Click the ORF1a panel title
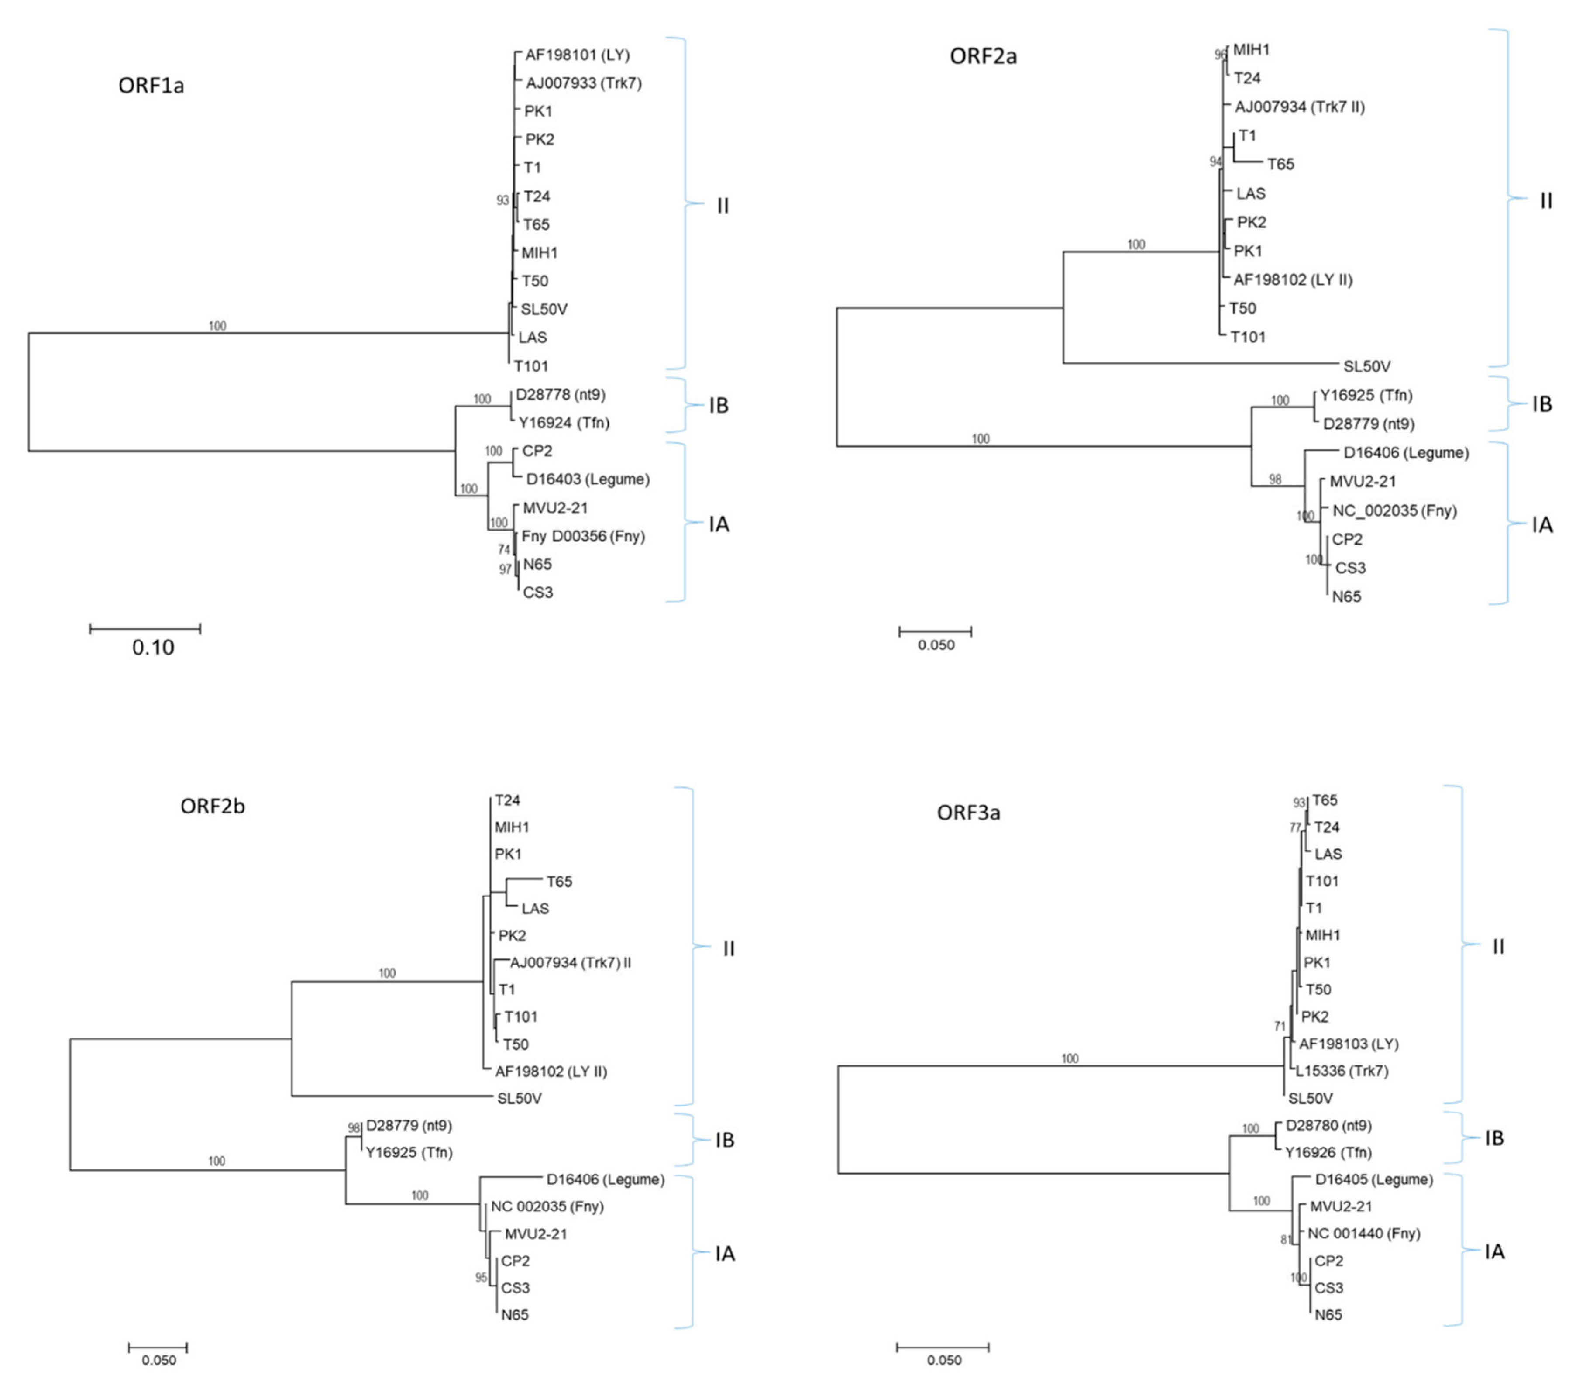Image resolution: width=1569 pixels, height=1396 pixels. click(x=151, y=84)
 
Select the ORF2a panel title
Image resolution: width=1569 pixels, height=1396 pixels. click(x=983, y=56)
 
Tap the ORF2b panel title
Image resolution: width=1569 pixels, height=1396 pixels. click(x=213, y=806)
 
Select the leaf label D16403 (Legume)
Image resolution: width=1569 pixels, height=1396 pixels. click(x=587, y=479)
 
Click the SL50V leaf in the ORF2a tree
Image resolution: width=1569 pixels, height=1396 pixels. click(x=1366, y=366)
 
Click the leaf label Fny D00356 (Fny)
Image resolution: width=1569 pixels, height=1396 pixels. click(x=583, y=536)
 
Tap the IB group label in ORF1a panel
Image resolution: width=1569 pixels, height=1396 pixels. click(x=719, y=406)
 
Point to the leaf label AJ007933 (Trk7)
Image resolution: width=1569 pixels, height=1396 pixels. click(x=583, y=83)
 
